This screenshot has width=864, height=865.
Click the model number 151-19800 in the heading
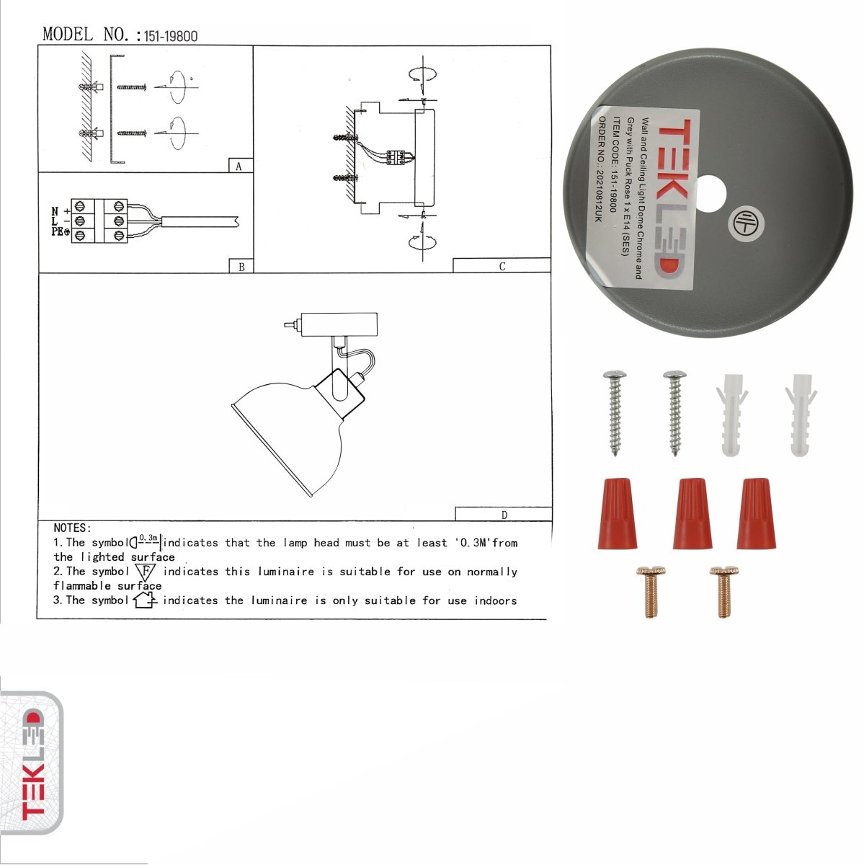pos(171,36)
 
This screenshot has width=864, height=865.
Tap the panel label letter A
pos(239,167)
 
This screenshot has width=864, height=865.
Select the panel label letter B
pos(241,267)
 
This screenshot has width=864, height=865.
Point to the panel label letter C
pos(502,266)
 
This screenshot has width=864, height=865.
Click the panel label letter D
pos(504,515)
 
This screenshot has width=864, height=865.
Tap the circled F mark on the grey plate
pos(744,223)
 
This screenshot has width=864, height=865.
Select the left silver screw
pos(615,411)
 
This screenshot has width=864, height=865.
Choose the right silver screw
pos(674,411)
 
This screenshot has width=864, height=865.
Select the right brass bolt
pos(723,591)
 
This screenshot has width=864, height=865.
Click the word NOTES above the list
pos(72,528)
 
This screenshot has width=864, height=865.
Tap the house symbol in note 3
pos(145,600)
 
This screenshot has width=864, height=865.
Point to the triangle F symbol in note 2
pos(146,572)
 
